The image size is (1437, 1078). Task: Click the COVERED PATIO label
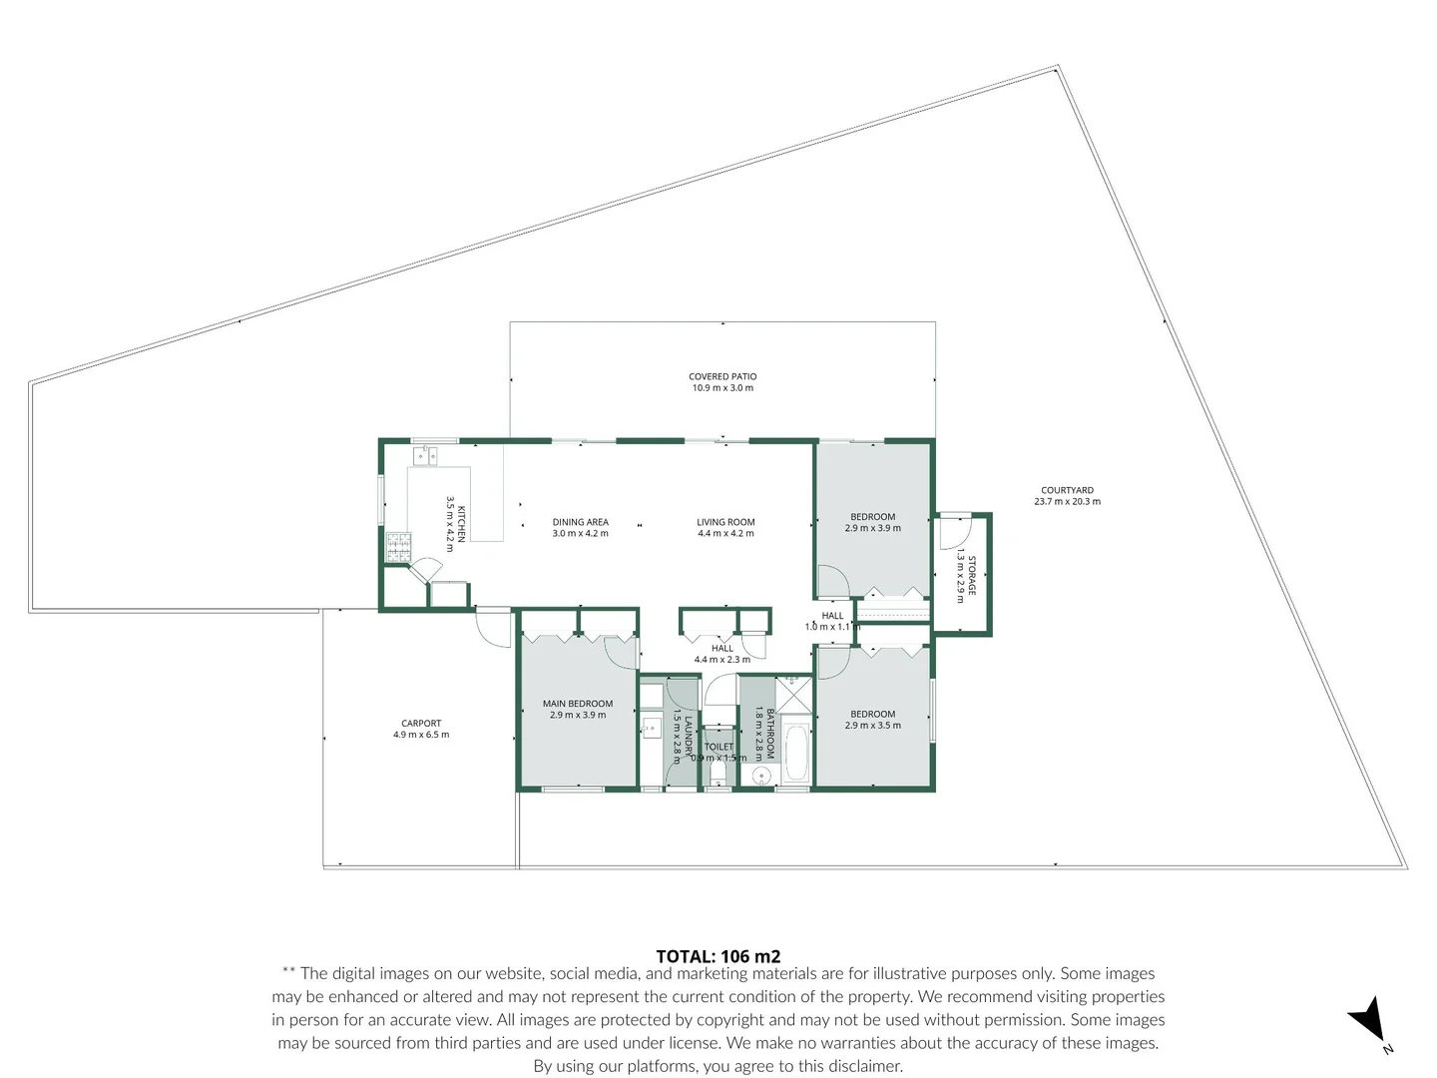pyautogui.click(x=722, y=376)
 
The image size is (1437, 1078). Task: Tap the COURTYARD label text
pyautogui.click(x=1067, y=490)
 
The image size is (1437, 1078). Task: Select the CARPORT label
pyautogui.click(x=421, y=723)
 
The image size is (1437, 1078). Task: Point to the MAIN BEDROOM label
pyautogui.click(x=578, y=704)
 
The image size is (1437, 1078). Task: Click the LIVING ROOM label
pyautogui.click(x=725, y=522)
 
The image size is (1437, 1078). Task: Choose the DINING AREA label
pyautogui.click(x=580, y=522)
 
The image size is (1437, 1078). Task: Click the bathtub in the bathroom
pyautogui.click(x=795, y=753)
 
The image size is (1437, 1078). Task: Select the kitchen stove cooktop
pyautogui.click(x=399, y=546)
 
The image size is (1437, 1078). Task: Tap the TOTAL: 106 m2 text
pyautogui.click(x=718, y=956)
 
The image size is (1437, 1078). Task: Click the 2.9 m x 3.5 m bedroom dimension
pyautogui.click(x=872, y=726)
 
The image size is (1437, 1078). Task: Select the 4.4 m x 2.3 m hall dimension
pyautogui.click(x=722, y=660)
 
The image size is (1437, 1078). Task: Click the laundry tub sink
pyautogui.click(x=653, y=726)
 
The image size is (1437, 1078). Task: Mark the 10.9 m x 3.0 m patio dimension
pyautogui.click(x=722, y=388)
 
